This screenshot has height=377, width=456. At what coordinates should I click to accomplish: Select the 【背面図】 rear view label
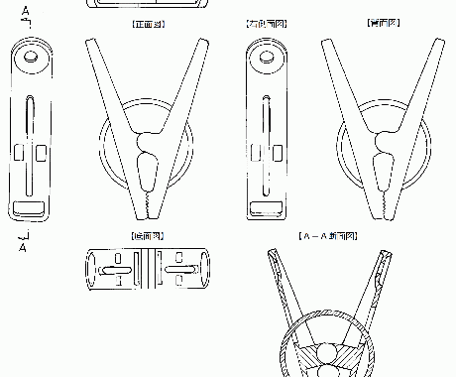382,20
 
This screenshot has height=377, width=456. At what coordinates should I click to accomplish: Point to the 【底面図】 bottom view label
147,236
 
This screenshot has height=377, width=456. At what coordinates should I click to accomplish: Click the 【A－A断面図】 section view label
326,236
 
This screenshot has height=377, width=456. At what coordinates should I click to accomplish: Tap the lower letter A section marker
22,248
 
